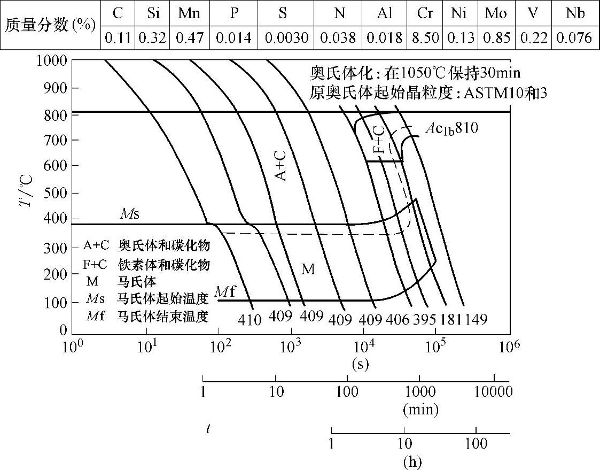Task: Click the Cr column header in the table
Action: [x=425, y=13]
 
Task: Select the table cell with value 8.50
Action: [x=425, y=38]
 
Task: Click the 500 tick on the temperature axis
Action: [x=56, y=192]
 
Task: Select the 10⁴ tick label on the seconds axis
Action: [x=363, y=346]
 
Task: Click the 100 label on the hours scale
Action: [x=476, y=444]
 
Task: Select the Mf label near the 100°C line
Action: [x=225, y=292]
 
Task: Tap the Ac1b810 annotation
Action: [x=451, y=128]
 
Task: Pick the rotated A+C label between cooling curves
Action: [x=282, y=165]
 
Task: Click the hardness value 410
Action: [x=250, y=320]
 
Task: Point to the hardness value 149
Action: [x=476, y=320]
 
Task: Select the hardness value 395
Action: [x=425, y=320]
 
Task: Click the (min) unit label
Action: [x=421, y=411]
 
